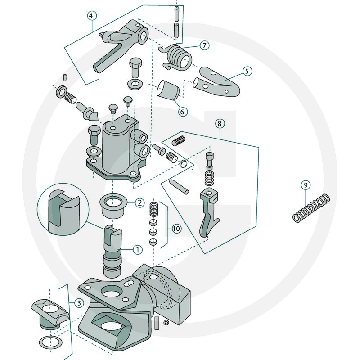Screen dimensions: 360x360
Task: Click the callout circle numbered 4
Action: [92, 16]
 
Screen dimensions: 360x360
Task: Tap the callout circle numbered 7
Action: [204, 45]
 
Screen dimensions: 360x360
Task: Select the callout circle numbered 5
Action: [247, 71]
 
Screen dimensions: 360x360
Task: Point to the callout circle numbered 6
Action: [183, 112]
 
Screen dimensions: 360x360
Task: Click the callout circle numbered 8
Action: [220, 124]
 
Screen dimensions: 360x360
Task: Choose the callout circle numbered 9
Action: [306, 185]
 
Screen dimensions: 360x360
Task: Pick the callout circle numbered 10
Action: [176, 229]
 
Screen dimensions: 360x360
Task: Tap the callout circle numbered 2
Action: [139, 203]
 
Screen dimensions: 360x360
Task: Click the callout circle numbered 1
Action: [138, 250]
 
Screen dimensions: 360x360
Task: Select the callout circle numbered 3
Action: [79, 303]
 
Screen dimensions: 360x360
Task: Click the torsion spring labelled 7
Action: [178, 57]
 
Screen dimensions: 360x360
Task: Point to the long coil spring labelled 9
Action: [311, 208]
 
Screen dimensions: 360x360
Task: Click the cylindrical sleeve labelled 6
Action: [168, 90]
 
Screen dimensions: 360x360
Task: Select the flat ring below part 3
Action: [51, 343]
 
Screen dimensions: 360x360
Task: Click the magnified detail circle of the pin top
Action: [63, 209]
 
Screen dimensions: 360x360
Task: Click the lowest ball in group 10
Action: [153, 242]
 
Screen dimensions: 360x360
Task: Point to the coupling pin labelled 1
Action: [112, 252]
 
